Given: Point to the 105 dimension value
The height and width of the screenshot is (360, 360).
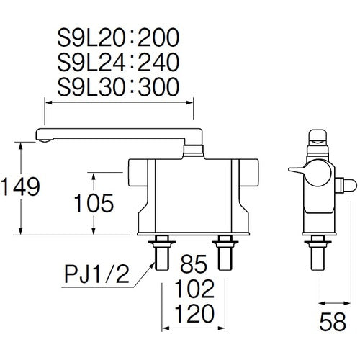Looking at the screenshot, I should click(94, 203).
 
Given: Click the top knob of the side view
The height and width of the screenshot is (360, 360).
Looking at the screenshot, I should click(318, 139).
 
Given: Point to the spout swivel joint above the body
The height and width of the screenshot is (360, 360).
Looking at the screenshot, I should click(193, 150).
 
